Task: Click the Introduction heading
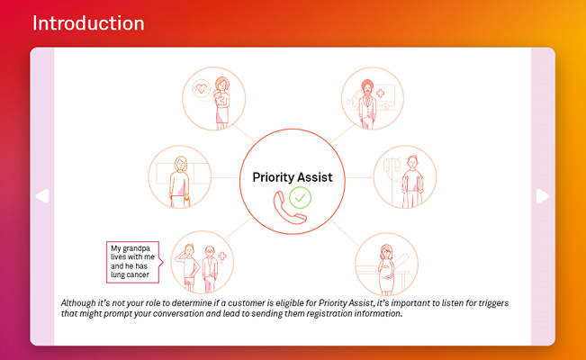(x=88, y=23)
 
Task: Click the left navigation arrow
(x=42, y=196)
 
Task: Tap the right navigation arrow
(x=543, y=196)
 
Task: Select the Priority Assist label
(x=293, y=177)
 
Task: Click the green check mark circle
(x=300, y=197)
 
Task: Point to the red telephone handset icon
(x=288, y=209)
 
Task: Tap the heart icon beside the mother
(x=201, y=88)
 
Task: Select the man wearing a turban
(x=368, y=103)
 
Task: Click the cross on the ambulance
(x=381, y=93)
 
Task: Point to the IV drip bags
(x=392, y=165)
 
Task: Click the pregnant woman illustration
(x=386, y=269)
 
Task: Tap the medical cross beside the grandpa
(x=222, y=256)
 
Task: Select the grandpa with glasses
(x=210, y=269)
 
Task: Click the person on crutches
(x=412, y=181)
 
